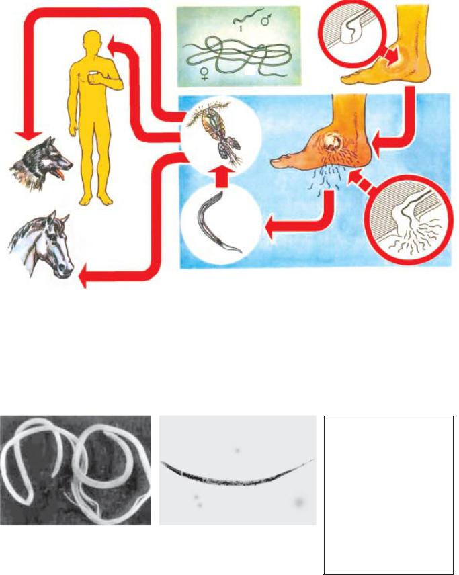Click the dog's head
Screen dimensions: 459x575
pyautogui.click(x=40, y=164)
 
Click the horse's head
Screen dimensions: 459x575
pyautogui.click(x=41, y=243)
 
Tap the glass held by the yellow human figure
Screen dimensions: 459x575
pyautogui.click(x=93, y=78)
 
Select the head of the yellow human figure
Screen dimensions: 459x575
pyautogui.click(x=91, y=41)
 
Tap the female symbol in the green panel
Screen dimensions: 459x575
pyautogui.click(x=204, y=73)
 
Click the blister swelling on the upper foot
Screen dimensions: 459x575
pyautogui.click(x=397, y=63)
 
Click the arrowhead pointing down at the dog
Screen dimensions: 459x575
pyautogui.click(x=29, y=136)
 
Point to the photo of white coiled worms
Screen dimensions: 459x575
pyautogui.click(x=75, y=470)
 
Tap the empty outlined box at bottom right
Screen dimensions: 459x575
pyautogui.click(x=389, y=495)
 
